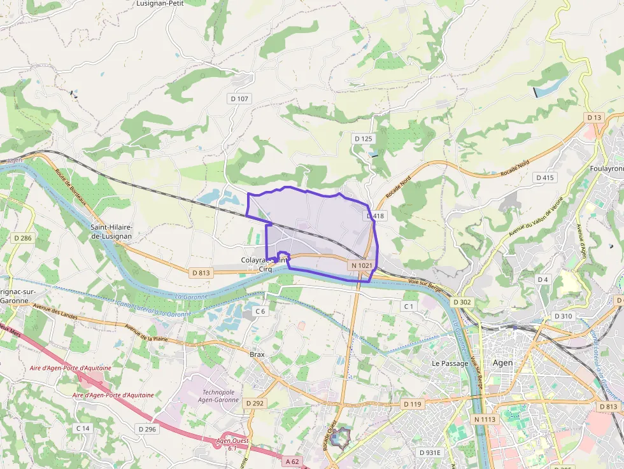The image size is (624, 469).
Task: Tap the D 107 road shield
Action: tap(239, 99)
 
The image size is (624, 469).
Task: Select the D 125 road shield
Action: tap(363, 139)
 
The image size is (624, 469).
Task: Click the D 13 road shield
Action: tap(594, 118)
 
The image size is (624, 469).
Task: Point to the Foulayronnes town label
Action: tap(606, 169)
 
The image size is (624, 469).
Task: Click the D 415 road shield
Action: tap(545, 178)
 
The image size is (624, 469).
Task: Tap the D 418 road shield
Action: tap(376, 216)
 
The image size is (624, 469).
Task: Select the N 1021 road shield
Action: tap(361, 265)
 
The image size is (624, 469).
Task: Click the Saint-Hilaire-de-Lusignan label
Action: tap(111, 231)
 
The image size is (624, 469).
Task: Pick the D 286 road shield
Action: tap(22, 238)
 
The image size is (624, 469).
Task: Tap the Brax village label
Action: tap(257, 354)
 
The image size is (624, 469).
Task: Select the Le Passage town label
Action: tap(450, 363)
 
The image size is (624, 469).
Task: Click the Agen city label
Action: tap(502, 363)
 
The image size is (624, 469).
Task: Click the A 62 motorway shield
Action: tap(292, 461)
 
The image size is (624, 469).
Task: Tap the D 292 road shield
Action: tap(254, 403)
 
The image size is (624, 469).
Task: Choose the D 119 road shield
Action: tap(413, 404)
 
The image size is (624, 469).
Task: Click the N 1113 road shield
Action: tap(485, 419)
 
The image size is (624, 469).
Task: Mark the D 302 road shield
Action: tap(462, 302)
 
